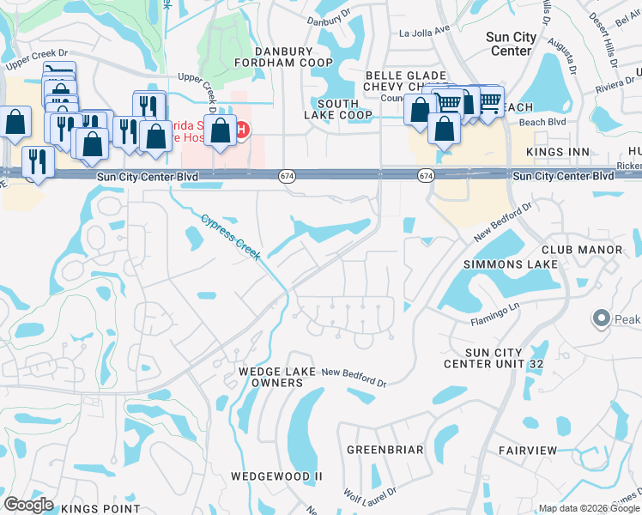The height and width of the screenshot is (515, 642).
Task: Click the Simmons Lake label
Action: [510, 264]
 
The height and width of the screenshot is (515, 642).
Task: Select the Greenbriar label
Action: [385, 450]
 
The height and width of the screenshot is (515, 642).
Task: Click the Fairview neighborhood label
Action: [527, 450]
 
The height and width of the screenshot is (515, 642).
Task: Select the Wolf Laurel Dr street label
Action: [371, 496]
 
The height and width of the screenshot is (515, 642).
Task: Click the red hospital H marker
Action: [242, 130]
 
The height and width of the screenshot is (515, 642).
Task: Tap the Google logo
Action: [28, 505]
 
